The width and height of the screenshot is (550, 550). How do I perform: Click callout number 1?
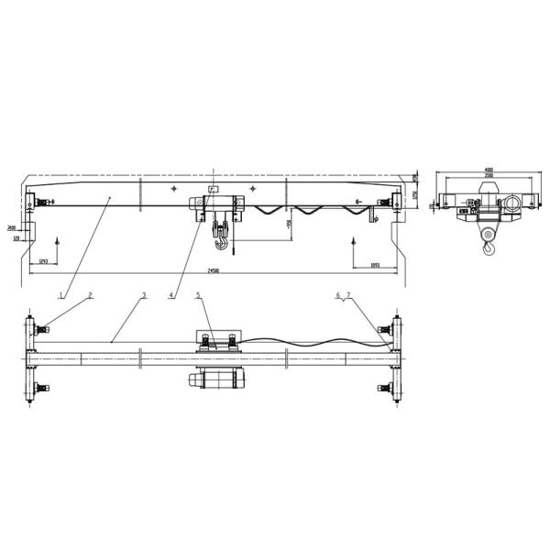click(60, 295)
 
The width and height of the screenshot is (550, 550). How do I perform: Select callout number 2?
click(90, 295)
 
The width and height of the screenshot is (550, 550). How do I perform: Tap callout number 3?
click(144, 295)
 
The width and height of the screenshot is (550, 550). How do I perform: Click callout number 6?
click(337, 295)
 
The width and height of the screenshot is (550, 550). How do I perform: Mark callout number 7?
click(347, 295)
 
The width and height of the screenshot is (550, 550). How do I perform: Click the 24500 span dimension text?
click(213, 270)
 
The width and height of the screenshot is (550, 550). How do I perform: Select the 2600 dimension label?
click(11, 226)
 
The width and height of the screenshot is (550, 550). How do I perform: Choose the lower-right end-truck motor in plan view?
click(390, 388)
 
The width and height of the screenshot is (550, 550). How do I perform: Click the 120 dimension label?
click(16, 237)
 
